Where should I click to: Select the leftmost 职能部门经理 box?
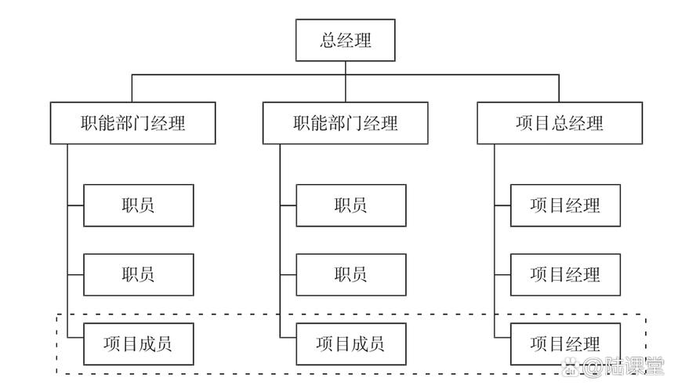click(133, 123)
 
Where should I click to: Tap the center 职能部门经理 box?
click(346, 123)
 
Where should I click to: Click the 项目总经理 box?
click(559, 123)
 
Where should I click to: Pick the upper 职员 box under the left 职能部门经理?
click(138, 205)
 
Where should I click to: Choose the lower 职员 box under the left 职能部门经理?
click(138, 274)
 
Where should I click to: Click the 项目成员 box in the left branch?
click(138, 343)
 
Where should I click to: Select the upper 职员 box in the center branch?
click(350, 205)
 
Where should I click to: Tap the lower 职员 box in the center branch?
click(350, 274)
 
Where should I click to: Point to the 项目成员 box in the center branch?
click(350, 343)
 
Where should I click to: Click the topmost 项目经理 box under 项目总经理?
click(565, 205)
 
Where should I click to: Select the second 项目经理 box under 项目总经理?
click(565, 274)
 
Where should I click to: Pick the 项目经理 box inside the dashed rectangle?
click(565, 343)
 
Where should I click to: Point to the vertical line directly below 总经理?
click(345, 68)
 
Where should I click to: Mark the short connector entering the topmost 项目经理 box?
click(502, 205)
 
